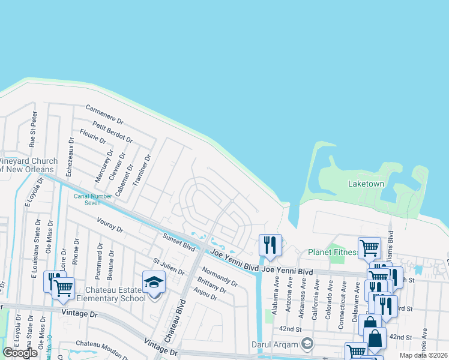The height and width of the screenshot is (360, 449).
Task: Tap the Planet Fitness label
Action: [332, 253]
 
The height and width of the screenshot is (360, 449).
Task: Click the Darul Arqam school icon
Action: [307, 343]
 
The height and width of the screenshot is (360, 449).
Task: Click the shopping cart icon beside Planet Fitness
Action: [369, 248]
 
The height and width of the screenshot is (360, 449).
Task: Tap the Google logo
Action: [20, 353]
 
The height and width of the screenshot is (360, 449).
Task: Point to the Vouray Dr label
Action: [109, 229]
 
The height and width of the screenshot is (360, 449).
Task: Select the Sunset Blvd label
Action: [179, 242]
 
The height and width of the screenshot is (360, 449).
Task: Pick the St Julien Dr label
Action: [169, 267]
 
